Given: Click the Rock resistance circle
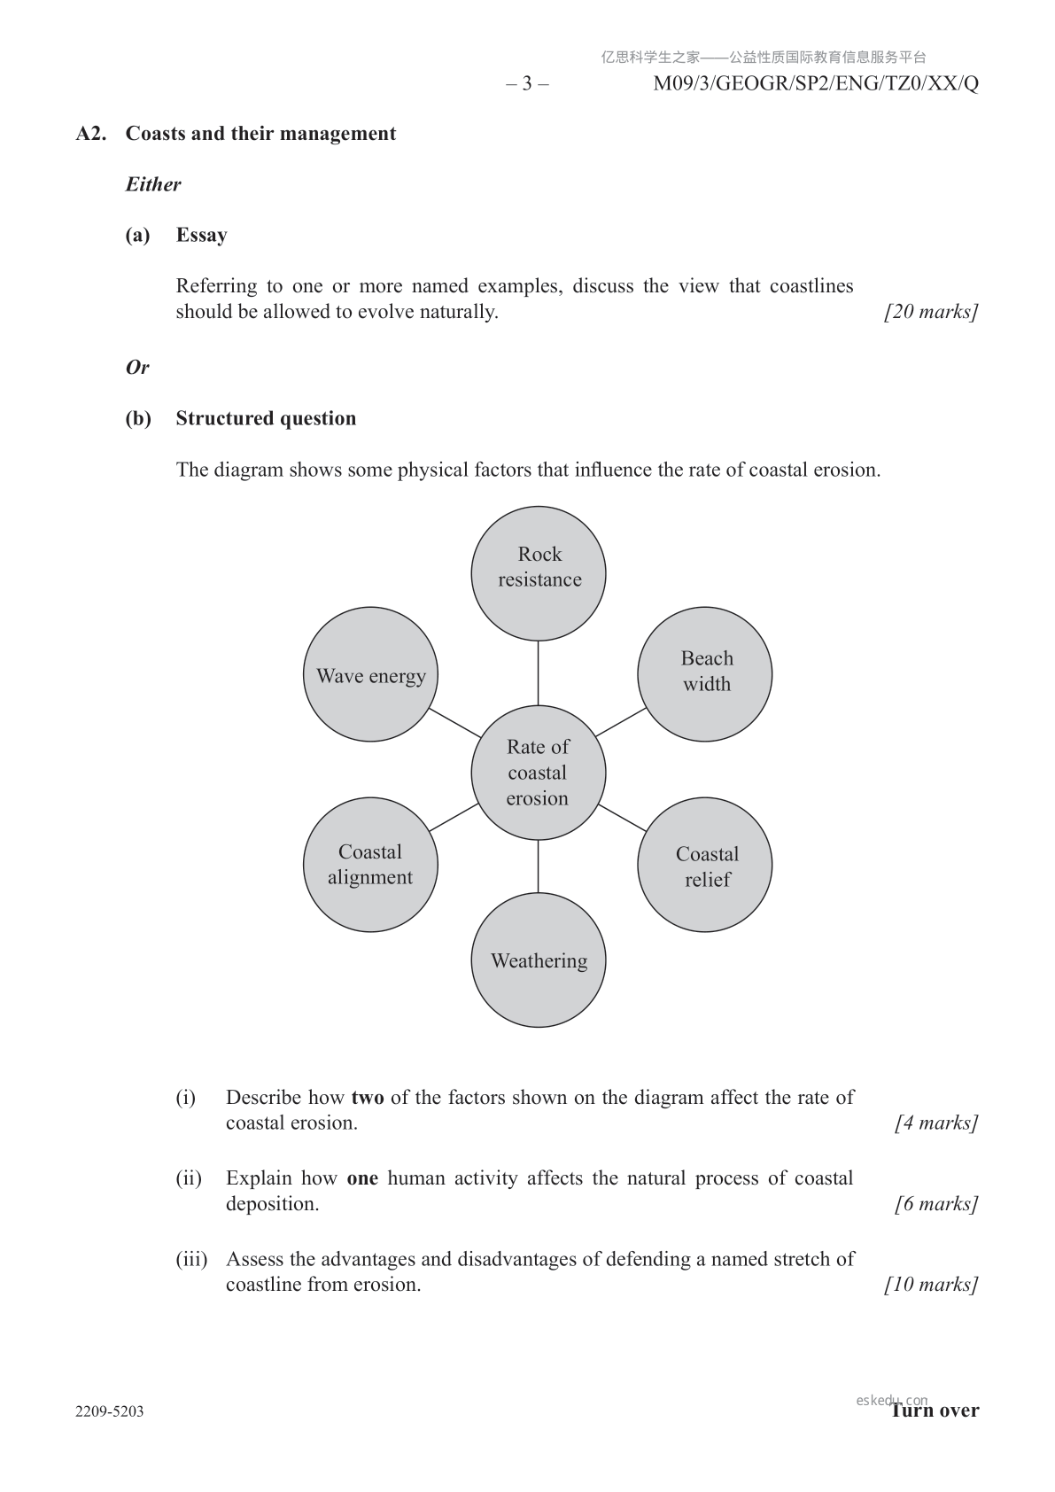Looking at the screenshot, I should click(539, 573).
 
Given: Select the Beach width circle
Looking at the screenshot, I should click(705, 674).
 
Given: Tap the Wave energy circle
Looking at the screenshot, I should click(370, 674).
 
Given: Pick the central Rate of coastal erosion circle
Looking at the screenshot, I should click(539, 773).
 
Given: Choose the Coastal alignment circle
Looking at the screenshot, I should click(370, 865).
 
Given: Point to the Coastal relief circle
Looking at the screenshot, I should click(705, 865).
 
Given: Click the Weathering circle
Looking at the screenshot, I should click(539, 960).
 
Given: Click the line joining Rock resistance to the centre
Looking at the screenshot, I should click(539, 672).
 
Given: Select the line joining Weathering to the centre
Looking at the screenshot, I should click(539, 866).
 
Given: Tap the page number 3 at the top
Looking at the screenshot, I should click(527, 84).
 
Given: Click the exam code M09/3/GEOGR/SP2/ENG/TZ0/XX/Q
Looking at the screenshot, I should click(816, 84).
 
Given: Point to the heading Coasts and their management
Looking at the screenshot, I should click(260, 134).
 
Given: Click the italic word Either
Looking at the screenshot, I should click(153, 184).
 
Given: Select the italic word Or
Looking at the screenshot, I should click(137, 367).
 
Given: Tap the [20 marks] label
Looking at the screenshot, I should click(931, 312).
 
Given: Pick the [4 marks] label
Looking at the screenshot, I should click(936, 1123).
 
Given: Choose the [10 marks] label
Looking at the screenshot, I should click(931, 1285).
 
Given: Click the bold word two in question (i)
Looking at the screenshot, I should click(368, 1098).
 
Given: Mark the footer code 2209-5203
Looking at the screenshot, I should click(110, 1411).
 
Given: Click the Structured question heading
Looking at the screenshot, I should click(266, 418).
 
